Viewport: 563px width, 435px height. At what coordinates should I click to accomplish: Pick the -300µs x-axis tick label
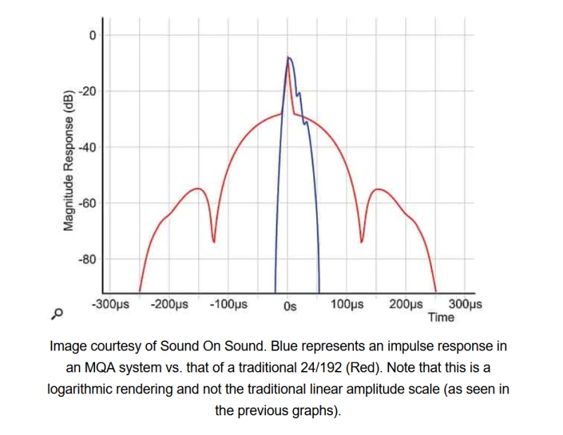pyautogui.click(x=111, y=305)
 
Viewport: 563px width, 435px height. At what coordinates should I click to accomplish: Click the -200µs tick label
pyautogui.click(x=170, y=305)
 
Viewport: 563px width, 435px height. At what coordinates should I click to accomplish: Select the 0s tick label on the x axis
pyautogui.click(x=290, y=305)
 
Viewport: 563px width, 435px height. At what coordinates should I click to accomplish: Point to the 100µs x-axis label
pyautogui.click(x=347, y=305)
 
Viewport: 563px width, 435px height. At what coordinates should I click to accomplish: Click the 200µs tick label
pyautogui.click(x=406, y=305)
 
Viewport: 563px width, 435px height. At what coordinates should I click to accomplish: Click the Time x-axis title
pyautogui.click(x=441, y=317)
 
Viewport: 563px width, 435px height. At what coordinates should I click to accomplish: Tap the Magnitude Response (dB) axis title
pyautogui.click(x=69, y=161)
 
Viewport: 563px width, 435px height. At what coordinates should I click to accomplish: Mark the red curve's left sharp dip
pyautogui.click(x=213, y=241)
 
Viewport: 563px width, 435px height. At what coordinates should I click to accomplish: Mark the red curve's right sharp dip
pyautogui.click(x=362, y=241)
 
